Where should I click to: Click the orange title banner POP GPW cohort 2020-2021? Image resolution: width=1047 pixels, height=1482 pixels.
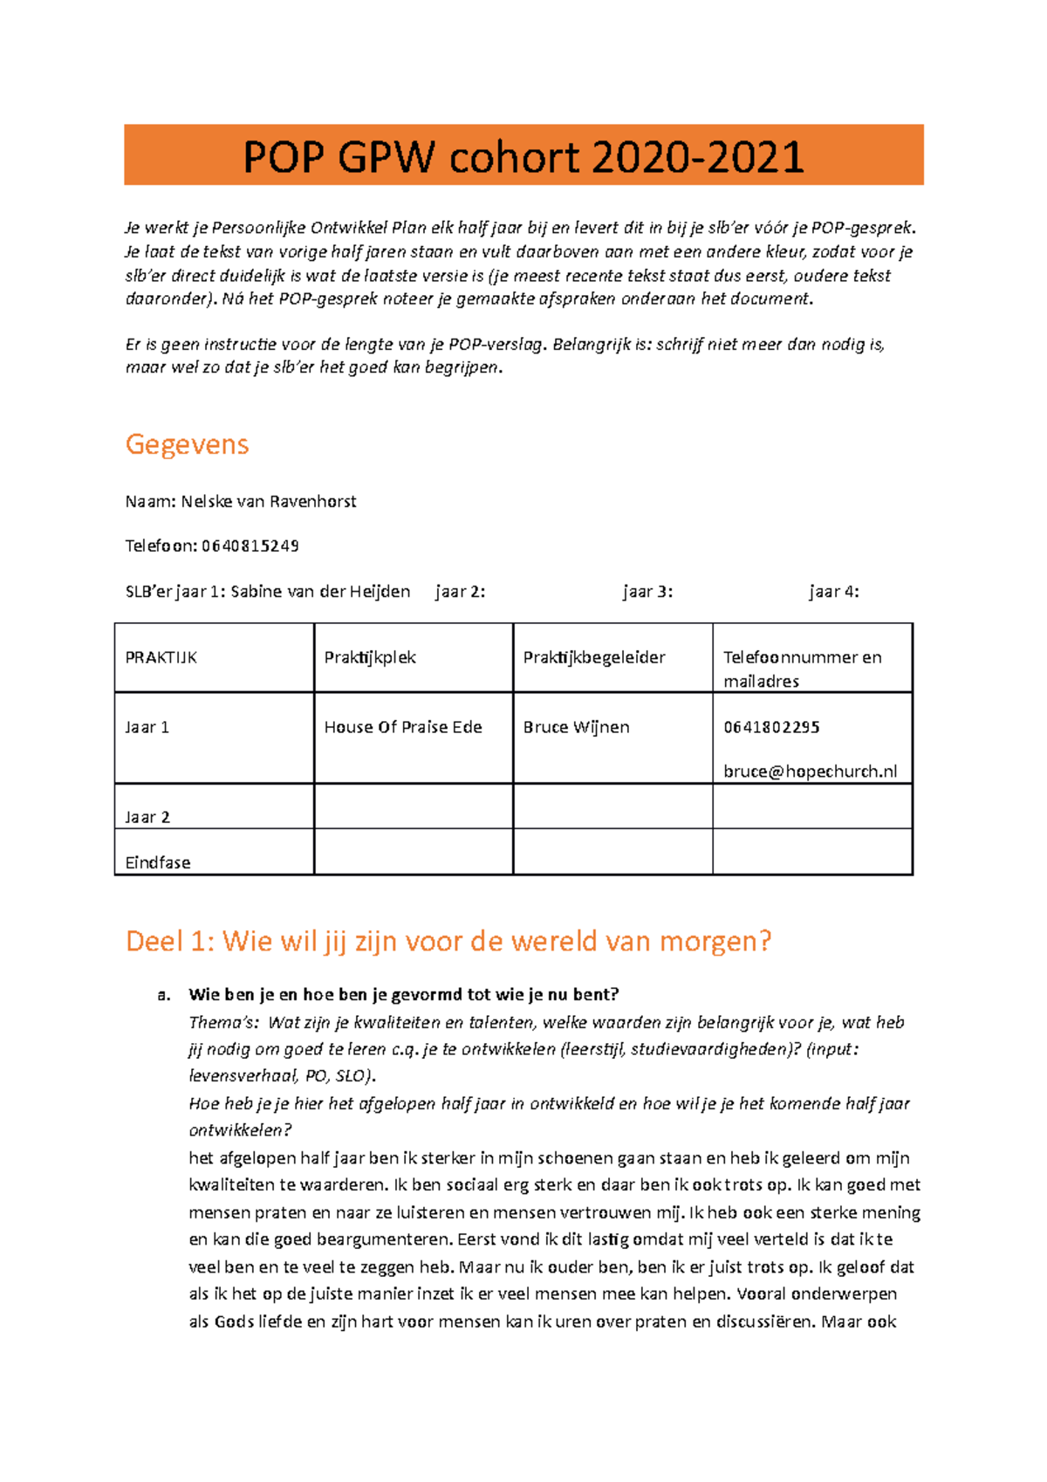coord(523,155)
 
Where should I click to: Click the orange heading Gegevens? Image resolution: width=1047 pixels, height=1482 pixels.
coord(187,444)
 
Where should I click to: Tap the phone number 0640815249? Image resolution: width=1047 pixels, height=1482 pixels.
coord(250,546)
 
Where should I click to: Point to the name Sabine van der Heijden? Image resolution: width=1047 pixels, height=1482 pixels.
coord(320,592)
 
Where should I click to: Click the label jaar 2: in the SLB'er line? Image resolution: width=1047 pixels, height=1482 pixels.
coord(460,592)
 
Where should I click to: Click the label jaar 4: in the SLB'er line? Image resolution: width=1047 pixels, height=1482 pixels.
coord(833,592)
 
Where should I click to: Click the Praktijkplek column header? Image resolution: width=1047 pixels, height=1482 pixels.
coord(370,658)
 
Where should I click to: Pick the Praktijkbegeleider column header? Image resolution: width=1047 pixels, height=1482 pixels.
coord(594,658)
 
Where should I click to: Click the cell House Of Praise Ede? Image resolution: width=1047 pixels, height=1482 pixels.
coord(403,727)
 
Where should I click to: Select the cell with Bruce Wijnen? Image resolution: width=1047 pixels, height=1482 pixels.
coord(576,727)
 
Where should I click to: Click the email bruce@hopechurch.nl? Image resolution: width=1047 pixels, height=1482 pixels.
coord(810,772)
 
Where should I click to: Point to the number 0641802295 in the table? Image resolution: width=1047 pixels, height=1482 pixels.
coord(771,727)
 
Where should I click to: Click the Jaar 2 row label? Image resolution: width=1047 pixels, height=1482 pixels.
coord(147,817)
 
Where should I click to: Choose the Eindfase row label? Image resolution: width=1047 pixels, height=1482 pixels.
coord(158,862)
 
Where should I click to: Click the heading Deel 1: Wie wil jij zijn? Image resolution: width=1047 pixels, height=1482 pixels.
coord(448,942)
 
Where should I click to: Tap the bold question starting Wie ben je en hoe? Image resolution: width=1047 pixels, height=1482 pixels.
coord(403,995)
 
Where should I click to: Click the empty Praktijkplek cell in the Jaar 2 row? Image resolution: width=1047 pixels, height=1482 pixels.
coord(414,806)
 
